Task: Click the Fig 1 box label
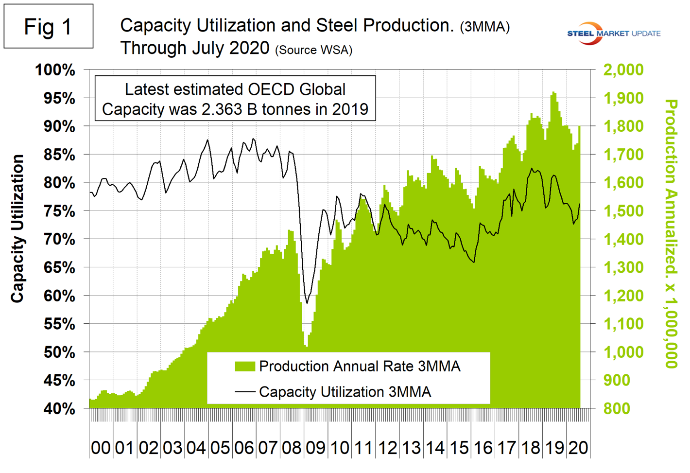pyautogui.click(x=48, y=27)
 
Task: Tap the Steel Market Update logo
pyautogui.click(x=613, y=33)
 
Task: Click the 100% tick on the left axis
pyautogui.click(x=55, y=70)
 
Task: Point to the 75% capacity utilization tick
pyautogui.click(x=59, y=211)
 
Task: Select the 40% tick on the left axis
pyautogui.click(x=59, y=409)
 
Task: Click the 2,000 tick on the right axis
pyautogui.click(x=623, y=70)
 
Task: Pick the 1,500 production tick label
pyautogui.click(x=623, y=211)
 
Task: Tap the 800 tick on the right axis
pyautogui.click(x=617, y=409)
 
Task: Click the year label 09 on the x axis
pyautogui.click(x=315, y=448)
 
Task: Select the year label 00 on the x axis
pyautogui.click(x=101, y=448)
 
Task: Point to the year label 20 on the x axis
pyautogui.click(x=578, y=448)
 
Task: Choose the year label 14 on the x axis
pyautogui.click(x=435, y=448)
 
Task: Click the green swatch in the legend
pyautogui.click(x=245, y=367)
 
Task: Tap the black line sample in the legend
pyautogui.click(x=245, y=392)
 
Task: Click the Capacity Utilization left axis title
pyautogui.click(x=17, y=228)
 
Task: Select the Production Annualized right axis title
pyautogui.click(x=671, y=233)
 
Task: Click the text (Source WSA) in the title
pyautogui.click(x=313, y=50)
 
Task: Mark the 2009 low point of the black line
pyautogui.click(x=307, y=303)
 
